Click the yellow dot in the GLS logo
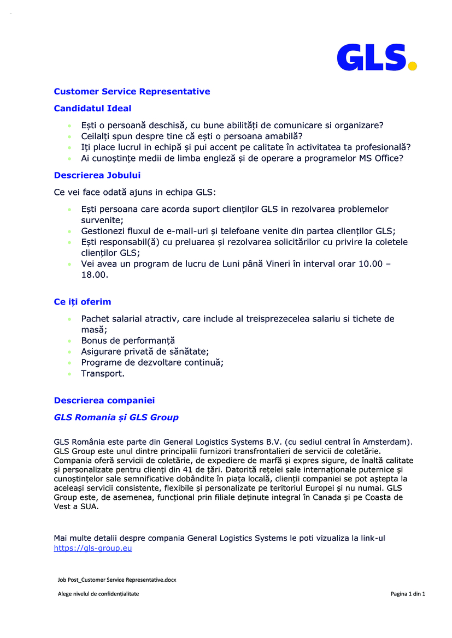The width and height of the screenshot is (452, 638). pyautogui.click(x=413, y=66)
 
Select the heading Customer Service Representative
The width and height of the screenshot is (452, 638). pyautogui.click(x=132, y=92)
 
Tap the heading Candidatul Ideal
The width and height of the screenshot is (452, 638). pyautogui.click(x=92, y=109)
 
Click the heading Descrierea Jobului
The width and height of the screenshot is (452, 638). pyautogui.click(x=97, y=176)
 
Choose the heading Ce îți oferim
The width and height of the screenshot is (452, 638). pyautogui.click(x=83, y=302)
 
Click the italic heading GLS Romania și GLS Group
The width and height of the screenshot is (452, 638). pyautogui.click(x=116, y=418)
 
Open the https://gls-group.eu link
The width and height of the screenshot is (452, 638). pyautogui.click(x=93, y=548)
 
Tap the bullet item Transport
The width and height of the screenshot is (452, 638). pyautogui.click(x=103, y=374)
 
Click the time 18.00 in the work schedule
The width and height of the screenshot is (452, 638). pyautogui.click(x=94, y=275)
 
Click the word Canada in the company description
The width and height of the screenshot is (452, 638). pyautogui.click(x=316, y=497)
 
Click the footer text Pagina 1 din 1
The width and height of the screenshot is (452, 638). pyautogui.click(x=408, y=594)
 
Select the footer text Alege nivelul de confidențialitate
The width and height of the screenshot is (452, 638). pyautogui.click(x=98, y=594)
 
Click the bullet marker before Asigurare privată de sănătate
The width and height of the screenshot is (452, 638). pyautogui.click(x=69, y=352)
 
